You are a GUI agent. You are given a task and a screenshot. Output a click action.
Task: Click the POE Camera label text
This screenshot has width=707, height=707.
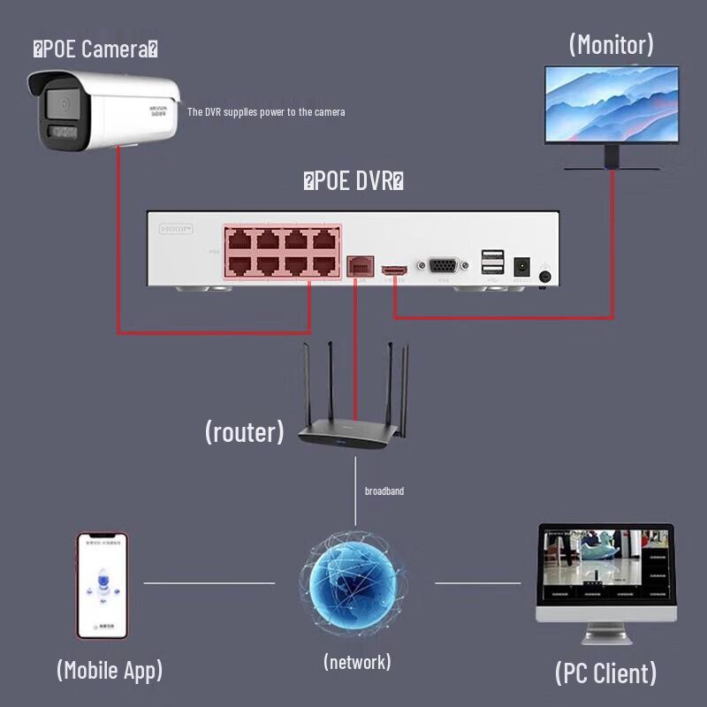[95, 49]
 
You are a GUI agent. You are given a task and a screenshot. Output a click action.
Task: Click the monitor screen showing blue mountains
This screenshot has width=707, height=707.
[611, 105]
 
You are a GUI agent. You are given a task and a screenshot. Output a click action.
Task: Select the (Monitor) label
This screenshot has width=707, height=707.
[612, 44]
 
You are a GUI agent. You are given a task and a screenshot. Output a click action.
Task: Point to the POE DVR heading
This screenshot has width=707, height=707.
[353, 182]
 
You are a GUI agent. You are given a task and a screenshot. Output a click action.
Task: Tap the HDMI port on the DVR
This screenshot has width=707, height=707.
[393, 268]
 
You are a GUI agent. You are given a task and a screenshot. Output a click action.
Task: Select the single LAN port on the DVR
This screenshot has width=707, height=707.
[357, 264]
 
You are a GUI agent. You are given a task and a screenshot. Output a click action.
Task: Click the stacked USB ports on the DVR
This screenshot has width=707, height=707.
[492, 262]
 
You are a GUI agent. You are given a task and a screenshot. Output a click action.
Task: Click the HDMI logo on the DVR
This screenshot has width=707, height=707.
[175, 229]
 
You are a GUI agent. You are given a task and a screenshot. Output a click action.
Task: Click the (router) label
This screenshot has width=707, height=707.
[245, 431]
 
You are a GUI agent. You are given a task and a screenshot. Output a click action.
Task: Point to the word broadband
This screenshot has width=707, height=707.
[384, 490]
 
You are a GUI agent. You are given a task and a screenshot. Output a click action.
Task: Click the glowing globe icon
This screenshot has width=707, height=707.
[353, 582]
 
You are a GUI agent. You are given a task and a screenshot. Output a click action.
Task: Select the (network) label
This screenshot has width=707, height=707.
[357, 661]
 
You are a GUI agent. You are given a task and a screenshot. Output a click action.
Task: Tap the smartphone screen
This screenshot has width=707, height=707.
[102, 584]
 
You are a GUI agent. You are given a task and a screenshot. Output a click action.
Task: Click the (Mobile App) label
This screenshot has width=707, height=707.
[110, 669]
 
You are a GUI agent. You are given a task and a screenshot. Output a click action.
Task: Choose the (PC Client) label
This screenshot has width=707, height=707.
[606, 673]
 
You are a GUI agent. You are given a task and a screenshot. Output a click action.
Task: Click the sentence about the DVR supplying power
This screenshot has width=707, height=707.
[266, 112]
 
